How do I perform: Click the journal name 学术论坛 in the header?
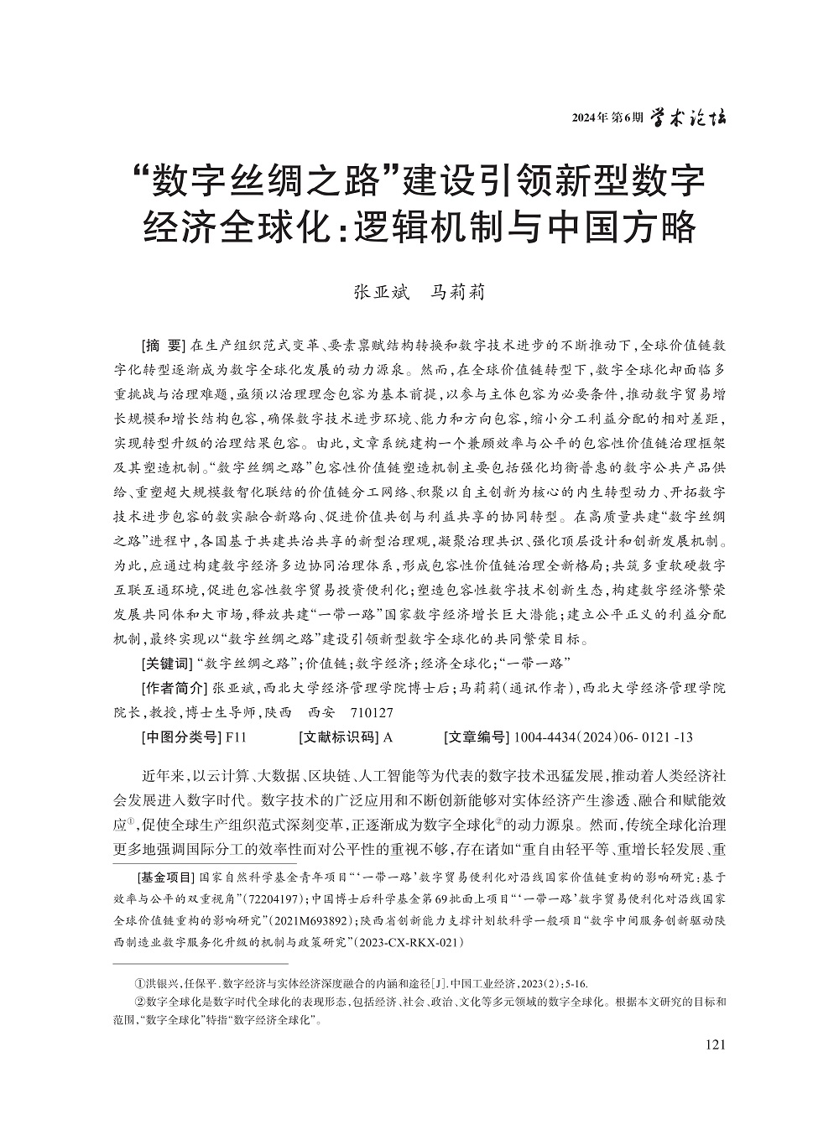tap(690, 117)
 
